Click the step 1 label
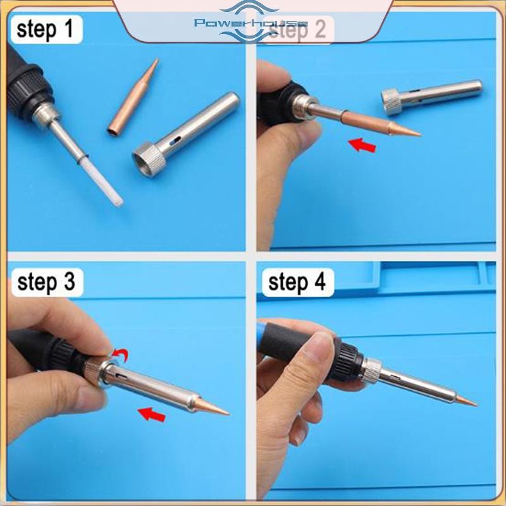45,29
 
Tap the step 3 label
46,282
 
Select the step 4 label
297,282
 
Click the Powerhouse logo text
251,23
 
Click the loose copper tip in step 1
133,97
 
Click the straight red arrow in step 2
362,145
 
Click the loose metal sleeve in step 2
432,96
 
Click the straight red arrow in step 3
152,414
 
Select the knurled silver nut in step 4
372,370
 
